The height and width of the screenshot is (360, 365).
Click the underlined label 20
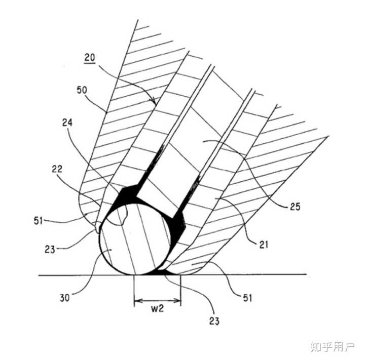90,58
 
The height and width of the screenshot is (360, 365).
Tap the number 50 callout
82,90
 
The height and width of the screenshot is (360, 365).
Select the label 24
67,123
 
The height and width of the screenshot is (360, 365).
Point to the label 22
57,169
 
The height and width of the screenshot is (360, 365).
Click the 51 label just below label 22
39,221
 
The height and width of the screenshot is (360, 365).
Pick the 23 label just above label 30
50,250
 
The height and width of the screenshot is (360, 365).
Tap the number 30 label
65,298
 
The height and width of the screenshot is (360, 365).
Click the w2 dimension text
157,308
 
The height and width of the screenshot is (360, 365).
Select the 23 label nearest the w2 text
214,321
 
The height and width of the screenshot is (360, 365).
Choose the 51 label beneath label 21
248,298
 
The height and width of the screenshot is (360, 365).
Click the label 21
264,245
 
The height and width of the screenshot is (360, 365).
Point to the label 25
295,207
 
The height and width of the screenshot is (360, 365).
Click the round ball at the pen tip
135,239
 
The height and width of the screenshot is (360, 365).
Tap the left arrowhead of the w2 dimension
138,301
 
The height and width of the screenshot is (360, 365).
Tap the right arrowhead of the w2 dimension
177,301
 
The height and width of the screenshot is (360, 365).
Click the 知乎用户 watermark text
333,347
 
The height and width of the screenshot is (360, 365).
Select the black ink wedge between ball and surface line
163,272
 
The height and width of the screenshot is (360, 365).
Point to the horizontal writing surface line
172,275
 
